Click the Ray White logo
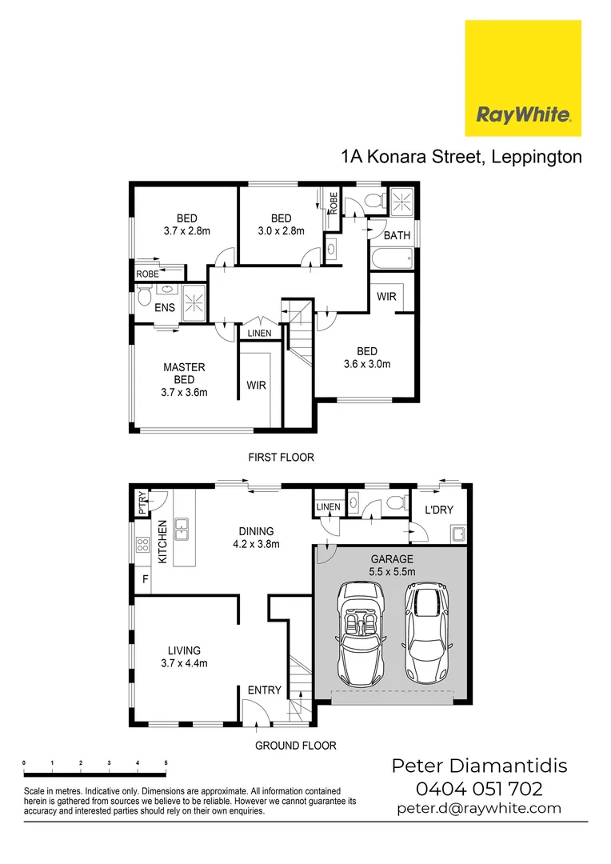pyautogui.click(x=523, y=78)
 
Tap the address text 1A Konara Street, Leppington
pyautogui.click(x=461, y=157)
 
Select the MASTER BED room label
pyautogui.click(x=184, y=379)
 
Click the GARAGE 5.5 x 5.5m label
pyautogui.click(x=391, y=566)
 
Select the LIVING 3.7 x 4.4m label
pyautogui.click(x=184, y=656)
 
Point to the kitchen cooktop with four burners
pyautogui.click(x=142, y=546)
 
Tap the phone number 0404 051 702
pyautogui.click(x=480, y=789)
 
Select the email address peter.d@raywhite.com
pyautogui.click(x=479, y=809)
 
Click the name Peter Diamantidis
pyautogui.click(x=479, y=766)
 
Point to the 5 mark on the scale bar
pyautogui.click(x=166, y=763)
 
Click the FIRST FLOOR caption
pyautogui.click(x=281, y=458)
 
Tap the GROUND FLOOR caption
pyautogui.click(x=295, y=745)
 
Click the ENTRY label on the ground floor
pyautogui.click(x=265, y=690)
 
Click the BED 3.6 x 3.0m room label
pyautogui.click(x=367, y=358)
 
